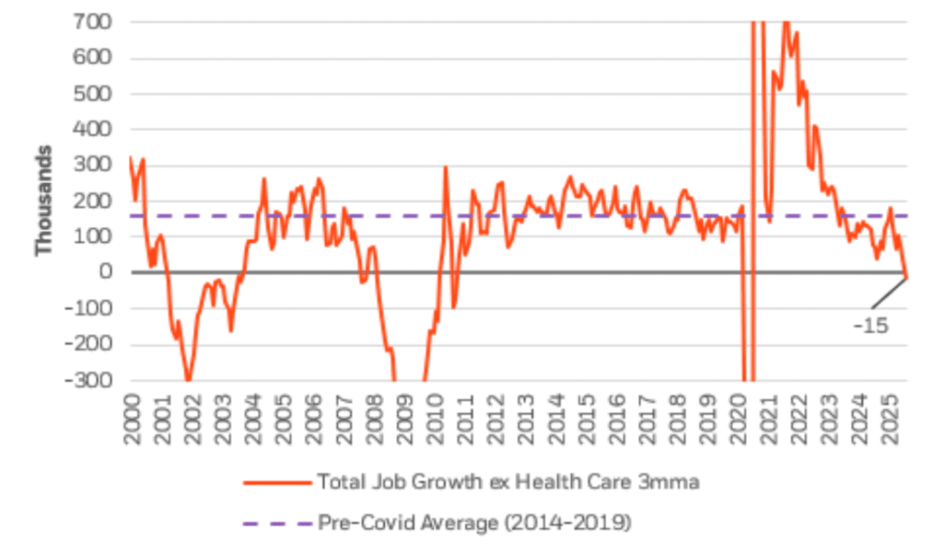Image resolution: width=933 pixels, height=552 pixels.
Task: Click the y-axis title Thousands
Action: click(42, 200)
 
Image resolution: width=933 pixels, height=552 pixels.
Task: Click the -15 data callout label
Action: click(869, 325)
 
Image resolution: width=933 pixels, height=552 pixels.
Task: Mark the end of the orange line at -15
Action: click(906, 278)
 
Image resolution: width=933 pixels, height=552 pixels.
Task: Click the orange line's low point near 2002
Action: click(188, 380)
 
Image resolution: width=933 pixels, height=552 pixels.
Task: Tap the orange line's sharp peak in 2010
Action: click(446, 167)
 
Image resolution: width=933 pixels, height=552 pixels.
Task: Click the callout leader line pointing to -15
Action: click(888, 293)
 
